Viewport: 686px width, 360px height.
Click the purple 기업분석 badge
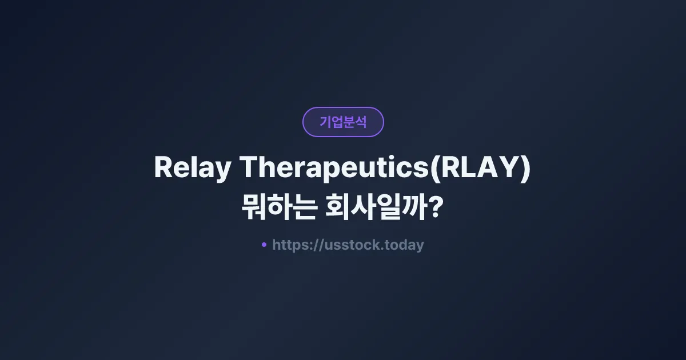pyautogui.click(x=343, y=122)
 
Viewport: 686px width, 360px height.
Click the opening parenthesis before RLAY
pyautogui.click(x=435, y=168)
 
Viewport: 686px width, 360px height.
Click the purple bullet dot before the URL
pyautogui.click(x=264, y=245)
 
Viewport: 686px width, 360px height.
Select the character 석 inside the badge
pyautogui.click(x=361, y=122)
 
